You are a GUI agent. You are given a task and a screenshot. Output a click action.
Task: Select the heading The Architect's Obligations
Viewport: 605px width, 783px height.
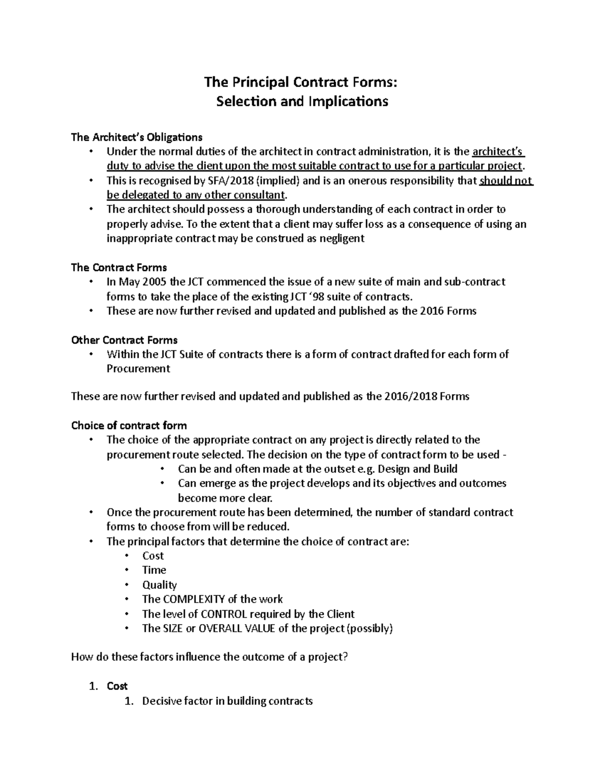click(137, 137)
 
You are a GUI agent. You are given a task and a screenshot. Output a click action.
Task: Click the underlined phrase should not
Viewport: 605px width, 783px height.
click(506, 181)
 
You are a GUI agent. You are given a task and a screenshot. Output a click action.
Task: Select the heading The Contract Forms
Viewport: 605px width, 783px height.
click(119, 267)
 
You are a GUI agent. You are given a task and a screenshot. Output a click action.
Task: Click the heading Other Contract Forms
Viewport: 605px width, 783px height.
click(124, 340)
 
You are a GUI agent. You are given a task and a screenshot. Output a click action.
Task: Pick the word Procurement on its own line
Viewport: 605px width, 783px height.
click(138, 369)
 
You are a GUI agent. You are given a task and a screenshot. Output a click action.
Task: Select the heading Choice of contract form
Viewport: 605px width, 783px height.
click(129, 426)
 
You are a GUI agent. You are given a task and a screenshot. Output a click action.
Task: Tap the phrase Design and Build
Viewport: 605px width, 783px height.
click(417, 469)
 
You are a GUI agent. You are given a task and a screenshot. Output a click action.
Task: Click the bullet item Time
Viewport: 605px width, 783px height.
click(154, 570)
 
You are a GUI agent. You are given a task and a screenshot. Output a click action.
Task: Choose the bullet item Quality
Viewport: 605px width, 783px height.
click(159, 585)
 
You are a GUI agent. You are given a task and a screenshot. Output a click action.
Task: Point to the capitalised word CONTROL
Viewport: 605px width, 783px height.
click(223, 614)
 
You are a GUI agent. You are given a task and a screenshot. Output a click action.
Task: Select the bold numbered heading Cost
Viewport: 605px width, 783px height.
click(117, 686)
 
